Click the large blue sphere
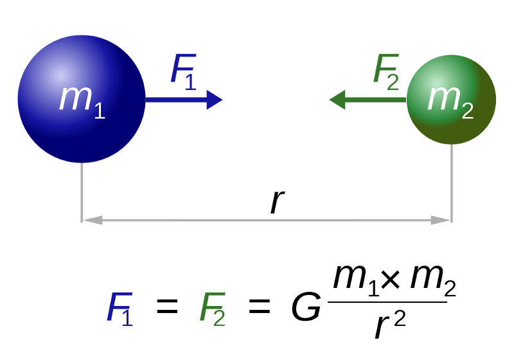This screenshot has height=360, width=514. pos(82,99)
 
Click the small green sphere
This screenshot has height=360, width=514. pos(452,100)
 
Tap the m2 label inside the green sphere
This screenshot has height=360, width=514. pos(451,102)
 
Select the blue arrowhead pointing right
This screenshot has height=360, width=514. pos(215,100)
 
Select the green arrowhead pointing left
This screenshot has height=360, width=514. pos(337,100)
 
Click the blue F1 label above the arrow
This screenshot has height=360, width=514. pos(184,72)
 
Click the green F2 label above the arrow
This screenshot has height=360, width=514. pos(386,72)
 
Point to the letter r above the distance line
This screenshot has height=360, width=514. pos(278,202)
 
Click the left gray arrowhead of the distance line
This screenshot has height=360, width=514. pos(93,220)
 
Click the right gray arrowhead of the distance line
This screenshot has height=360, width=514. pos(441,220)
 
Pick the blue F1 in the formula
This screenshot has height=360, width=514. pos(120,309)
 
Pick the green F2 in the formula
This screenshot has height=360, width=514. pos(213,309)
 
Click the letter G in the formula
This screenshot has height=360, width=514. pos(306,307)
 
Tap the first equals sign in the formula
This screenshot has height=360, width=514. pos(167,307)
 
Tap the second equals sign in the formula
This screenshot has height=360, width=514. pos(260,307)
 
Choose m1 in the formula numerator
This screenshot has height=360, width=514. pos(357,281)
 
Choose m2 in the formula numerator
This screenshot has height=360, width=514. pos(433,281)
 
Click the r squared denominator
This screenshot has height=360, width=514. pos(390,325)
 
